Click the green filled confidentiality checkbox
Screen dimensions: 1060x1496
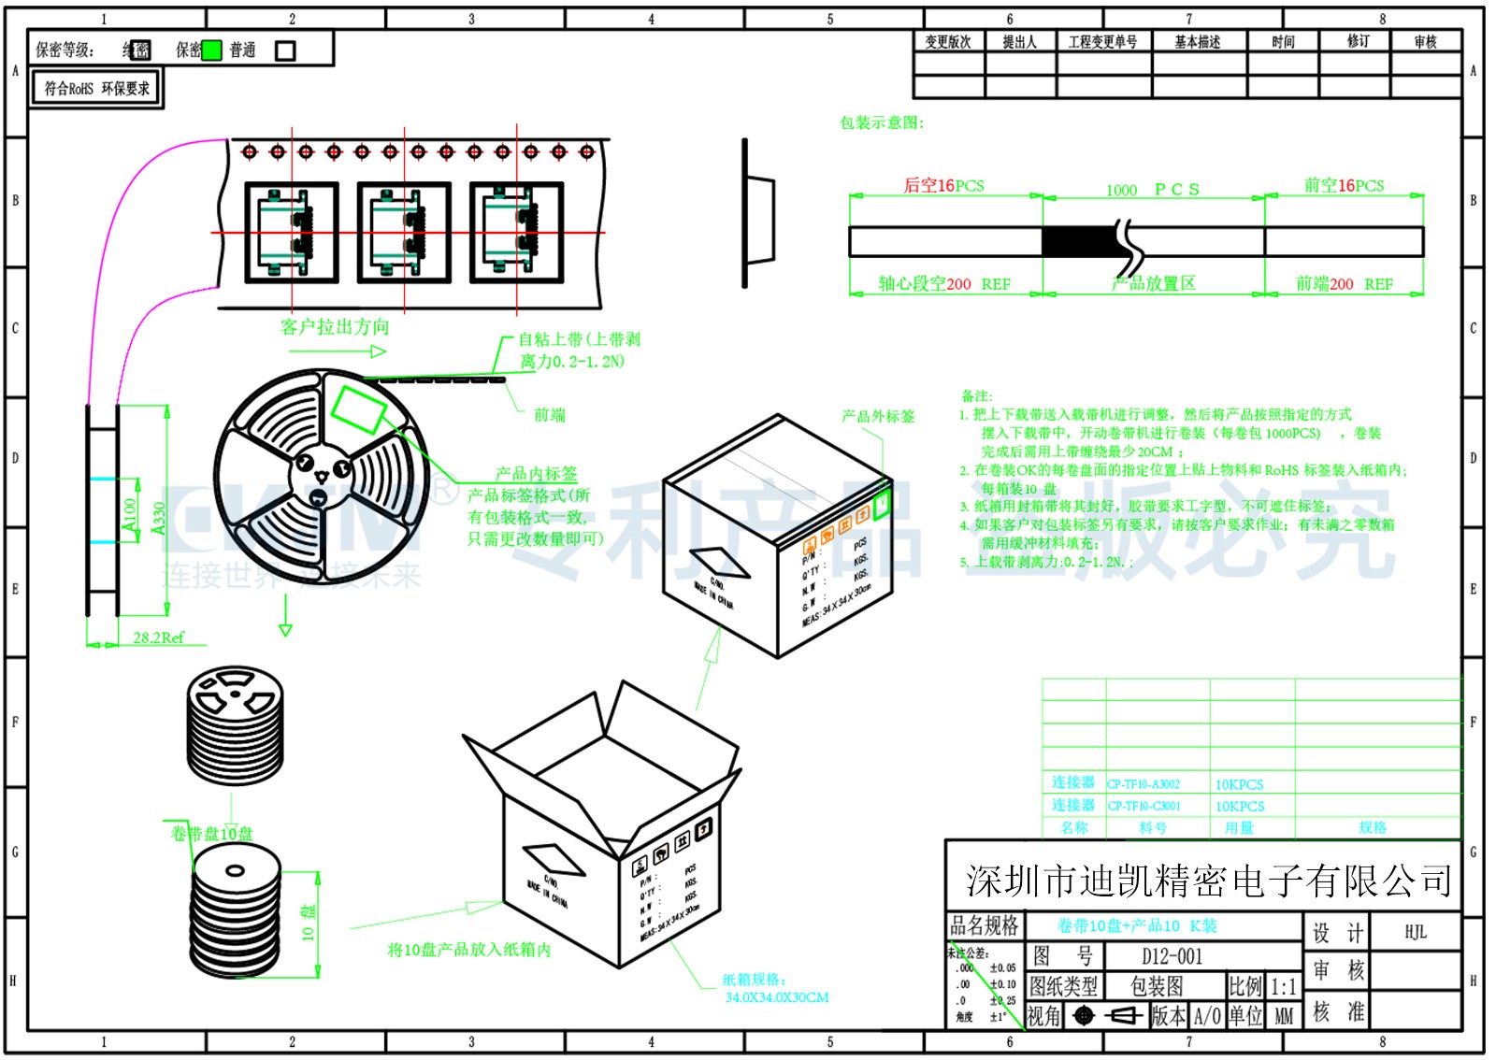(212, 50)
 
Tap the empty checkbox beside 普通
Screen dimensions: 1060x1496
(285, 50)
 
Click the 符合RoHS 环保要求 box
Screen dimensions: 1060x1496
(96, 89)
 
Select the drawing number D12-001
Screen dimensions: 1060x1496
(1172, 956)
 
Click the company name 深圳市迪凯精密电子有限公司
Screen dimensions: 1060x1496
(1208, 881)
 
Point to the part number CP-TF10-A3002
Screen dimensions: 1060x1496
(1144, 784)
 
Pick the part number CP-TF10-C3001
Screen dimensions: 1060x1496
(1144, 806)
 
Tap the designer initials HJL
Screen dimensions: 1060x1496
(1416, 932)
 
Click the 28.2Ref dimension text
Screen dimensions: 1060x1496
(158, 637)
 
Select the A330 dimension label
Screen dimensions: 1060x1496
(159, 519)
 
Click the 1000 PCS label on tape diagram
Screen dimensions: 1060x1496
(1152, 190)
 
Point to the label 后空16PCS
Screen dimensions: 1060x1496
(943, 185)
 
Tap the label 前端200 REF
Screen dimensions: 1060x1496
(1344, 283)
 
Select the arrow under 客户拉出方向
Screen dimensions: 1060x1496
(338, 351)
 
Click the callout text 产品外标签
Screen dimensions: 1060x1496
(878, 416)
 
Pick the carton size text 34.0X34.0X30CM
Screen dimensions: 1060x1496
(776, 997)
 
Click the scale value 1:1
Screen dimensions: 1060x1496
(1283, 987)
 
